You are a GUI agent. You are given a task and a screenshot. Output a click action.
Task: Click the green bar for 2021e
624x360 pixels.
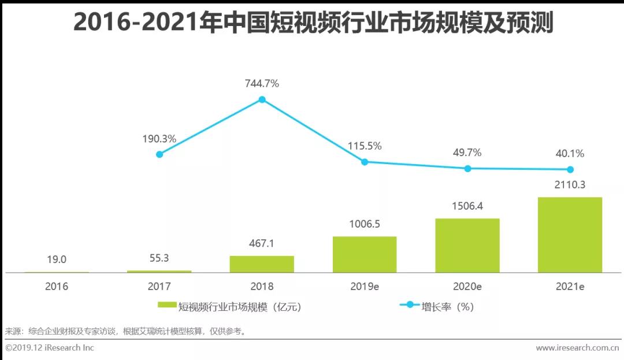pyautogui.click(x=570, y=235)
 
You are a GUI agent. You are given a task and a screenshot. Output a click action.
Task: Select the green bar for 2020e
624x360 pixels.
pyautogui.click(x=467, y=245)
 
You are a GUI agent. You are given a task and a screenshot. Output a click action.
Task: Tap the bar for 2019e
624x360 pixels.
pyautogui.click(x=365, y=254)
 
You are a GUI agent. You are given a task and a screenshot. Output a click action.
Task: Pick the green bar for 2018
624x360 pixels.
pyautogui.click(x=262, y=264)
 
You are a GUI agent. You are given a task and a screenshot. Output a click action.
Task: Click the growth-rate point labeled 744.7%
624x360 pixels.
pyautogui.click(x=262, y=99)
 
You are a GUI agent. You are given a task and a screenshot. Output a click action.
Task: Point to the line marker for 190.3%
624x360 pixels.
pyautogui.click(x=159, y=154)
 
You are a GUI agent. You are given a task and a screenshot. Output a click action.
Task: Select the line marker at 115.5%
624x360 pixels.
pyautogui.click(x=365, y=162)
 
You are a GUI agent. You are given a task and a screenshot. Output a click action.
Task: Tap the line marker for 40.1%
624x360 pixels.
pyautogui.click(x=570, y=169)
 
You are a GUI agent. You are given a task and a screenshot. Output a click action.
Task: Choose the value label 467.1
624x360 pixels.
pyautogui.click(x=262, y=243)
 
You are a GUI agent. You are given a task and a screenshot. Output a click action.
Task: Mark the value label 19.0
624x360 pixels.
pyautogui.click(x=56, y=259)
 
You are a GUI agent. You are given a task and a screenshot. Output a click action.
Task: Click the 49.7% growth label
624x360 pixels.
pyautogui.click(x=467, y=153)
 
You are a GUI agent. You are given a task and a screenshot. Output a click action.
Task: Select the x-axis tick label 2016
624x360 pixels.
pyautogui.click(x=56, y=287)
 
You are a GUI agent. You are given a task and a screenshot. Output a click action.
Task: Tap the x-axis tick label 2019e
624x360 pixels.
pyautogui.click(x=365, y=287)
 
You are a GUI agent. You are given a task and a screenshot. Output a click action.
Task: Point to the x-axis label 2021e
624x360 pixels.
pyautogui.click(x=570, y=287)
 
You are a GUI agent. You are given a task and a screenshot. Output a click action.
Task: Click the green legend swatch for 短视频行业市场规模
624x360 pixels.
pyautogui.click(x=168, y=306)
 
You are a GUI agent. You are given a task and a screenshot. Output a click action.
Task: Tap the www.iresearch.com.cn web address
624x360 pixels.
pyautogui.click(x=577, y=348)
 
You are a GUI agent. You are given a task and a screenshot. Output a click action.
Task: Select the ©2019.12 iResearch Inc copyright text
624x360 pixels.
pyautogui.click(x=50, y=348)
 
